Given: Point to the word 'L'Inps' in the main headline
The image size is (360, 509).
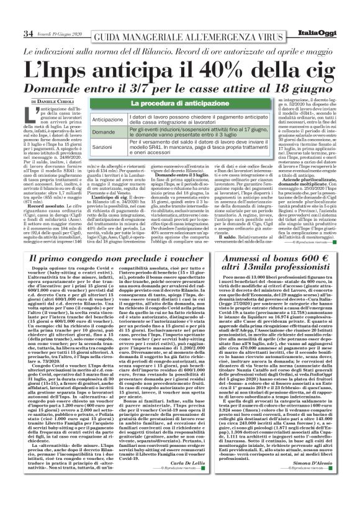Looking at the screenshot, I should (x=63, y=60).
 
